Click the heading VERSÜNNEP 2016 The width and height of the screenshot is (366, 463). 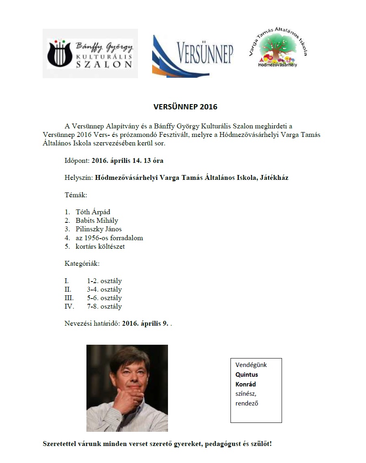pyautogui.click(x=185, y=107)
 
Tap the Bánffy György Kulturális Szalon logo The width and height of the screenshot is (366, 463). pyautogui.click(x=90, y=53)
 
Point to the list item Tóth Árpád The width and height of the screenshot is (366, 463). pyautogui.click(x=93, y=212)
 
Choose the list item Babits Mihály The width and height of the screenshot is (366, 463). pyautogui.click(x=97, y=220)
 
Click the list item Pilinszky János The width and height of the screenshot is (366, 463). pyautogui.click(x=99, y=229)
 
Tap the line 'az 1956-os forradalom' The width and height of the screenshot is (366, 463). pyautogui.click(x=109, y=238)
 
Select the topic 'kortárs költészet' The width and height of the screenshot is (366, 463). pyautogui.click(x=100, y=246)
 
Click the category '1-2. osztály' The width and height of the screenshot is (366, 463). pyautogui.click(x=104, y=281)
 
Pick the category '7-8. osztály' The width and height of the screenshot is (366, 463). pyautogui.click(x=104, y=307)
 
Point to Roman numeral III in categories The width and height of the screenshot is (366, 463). pyautogui.click(x=69, y=298)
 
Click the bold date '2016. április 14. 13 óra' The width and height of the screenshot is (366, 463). pyautogui.click(x=127, y=160)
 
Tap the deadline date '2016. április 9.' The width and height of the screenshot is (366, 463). pyautogui.click(x=145, y=324)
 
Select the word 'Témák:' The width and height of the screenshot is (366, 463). pyautogui.click(x=75, y=195)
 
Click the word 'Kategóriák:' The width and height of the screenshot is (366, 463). pyautogui.click(x=82, y=264)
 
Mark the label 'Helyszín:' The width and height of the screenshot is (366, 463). pyautogui.click(x=79, y=177)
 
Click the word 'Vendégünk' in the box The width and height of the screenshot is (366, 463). pyautogui.click(x=251, y=365)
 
